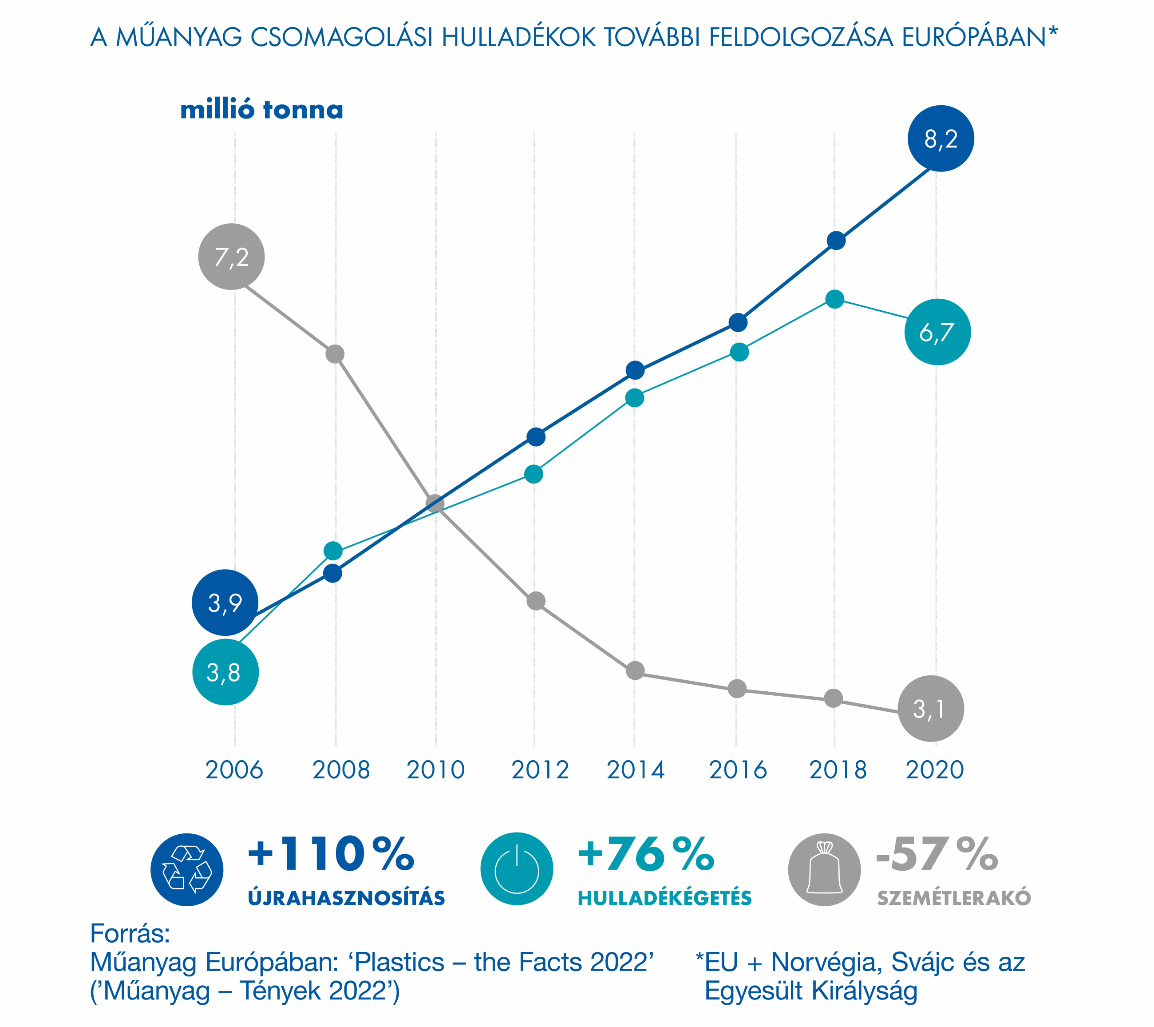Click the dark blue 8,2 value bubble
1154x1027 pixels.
click(941, 139)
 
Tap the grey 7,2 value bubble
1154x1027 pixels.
click(232, 257)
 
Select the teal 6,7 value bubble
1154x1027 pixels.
click(937, 332)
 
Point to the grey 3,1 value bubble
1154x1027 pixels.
click(930, 708)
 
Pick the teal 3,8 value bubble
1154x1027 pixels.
click(225, 672)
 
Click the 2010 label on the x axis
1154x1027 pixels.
click(435, 770)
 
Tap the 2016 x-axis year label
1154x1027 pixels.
click(737, 770)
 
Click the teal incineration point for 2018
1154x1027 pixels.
click(834, 299)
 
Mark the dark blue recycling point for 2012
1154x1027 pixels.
click(536, 436)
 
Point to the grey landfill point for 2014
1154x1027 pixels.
click(635, 670)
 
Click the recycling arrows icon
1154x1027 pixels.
click(187, 869)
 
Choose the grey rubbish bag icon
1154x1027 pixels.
click(824, 869)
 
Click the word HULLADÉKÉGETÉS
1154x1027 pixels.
click(664, 898)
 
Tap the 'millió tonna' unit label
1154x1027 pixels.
click(261, 110)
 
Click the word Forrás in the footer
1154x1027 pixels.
click(130, 934)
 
